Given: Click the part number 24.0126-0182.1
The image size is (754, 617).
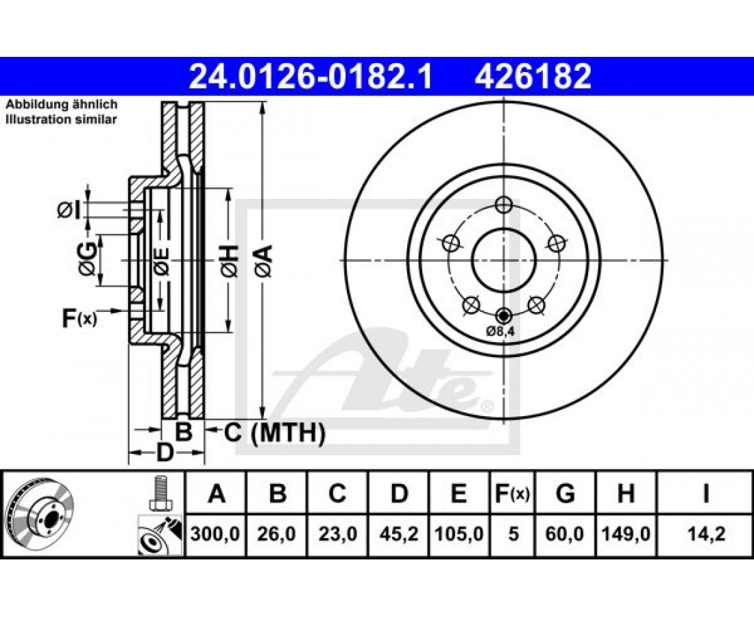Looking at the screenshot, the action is click(311, 77).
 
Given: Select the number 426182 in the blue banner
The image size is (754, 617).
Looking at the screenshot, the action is click(533, 77).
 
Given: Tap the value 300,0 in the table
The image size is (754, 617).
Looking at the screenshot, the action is click(215, 534).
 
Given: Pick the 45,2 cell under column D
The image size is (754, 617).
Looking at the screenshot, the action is click(399, 534).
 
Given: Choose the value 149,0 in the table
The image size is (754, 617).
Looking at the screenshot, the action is click(626, 534).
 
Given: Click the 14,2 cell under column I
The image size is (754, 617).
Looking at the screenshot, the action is click(705, 534).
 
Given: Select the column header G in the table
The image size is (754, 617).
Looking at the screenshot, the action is click(565, 494).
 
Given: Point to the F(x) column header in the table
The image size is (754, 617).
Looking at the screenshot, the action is click(512, 494).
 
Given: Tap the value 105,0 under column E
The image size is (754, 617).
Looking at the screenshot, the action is click(459, 534).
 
